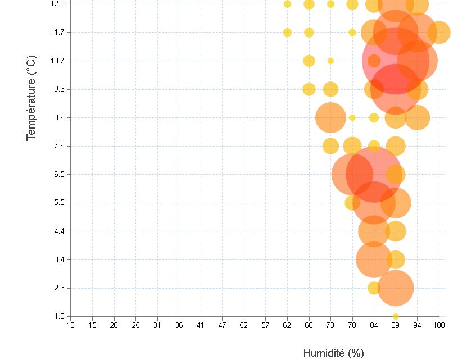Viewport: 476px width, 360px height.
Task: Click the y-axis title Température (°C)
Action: [31, 98]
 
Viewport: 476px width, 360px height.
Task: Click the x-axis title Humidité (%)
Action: [333, 353]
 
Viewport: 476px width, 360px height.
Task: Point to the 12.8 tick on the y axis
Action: [58, 4]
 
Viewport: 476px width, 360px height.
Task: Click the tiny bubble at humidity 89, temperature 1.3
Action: [396, 316]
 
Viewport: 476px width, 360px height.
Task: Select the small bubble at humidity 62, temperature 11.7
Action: [287, 32]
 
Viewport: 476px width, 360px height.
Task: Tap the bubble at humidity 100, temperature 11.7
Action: [439, 32]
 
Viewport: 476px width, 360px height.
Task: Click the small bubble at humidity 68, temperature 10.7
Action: [309, 61]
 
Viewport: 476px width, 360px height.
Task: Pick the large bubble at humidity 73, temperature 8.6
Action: [330, 117]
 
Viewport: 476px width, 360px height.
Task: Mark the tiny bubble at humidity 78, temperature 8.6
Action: [352, 117]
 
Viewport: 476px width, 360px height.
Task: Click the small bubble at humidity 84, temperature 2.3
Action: [374, 288]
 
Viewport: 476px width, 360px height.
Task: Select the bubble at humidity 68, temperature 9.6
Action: [309, 89]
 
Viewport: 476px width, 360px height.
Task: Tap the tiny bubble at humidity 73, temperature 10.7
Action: [330, 61]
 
